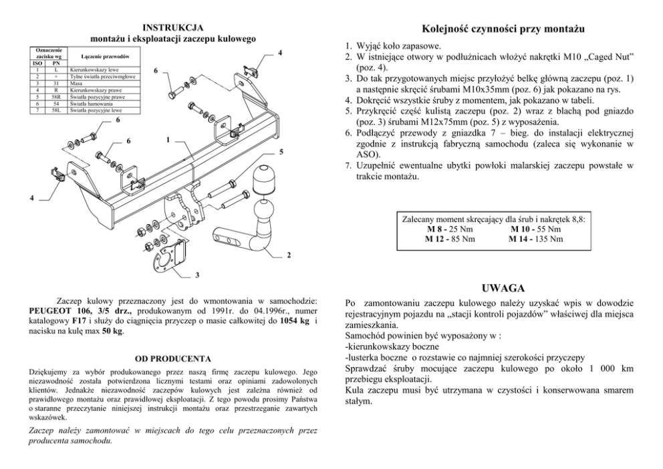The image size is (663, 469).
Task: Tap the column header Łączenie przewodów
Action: [100, 57]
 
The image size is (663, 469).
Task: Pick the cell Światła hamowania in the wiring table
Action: [91, 104]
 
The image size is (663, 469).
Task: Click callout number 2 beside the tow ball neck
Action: [289, 255]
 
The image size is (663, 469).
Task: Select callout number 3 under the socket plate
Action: [197, 274]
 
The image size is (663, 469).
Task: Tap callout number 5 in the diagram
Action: [281, 152]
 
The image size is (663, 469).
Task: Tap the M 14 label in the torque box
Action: [521, 238]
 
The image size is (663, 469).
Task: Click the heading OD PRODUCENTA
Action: [173, 359]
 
